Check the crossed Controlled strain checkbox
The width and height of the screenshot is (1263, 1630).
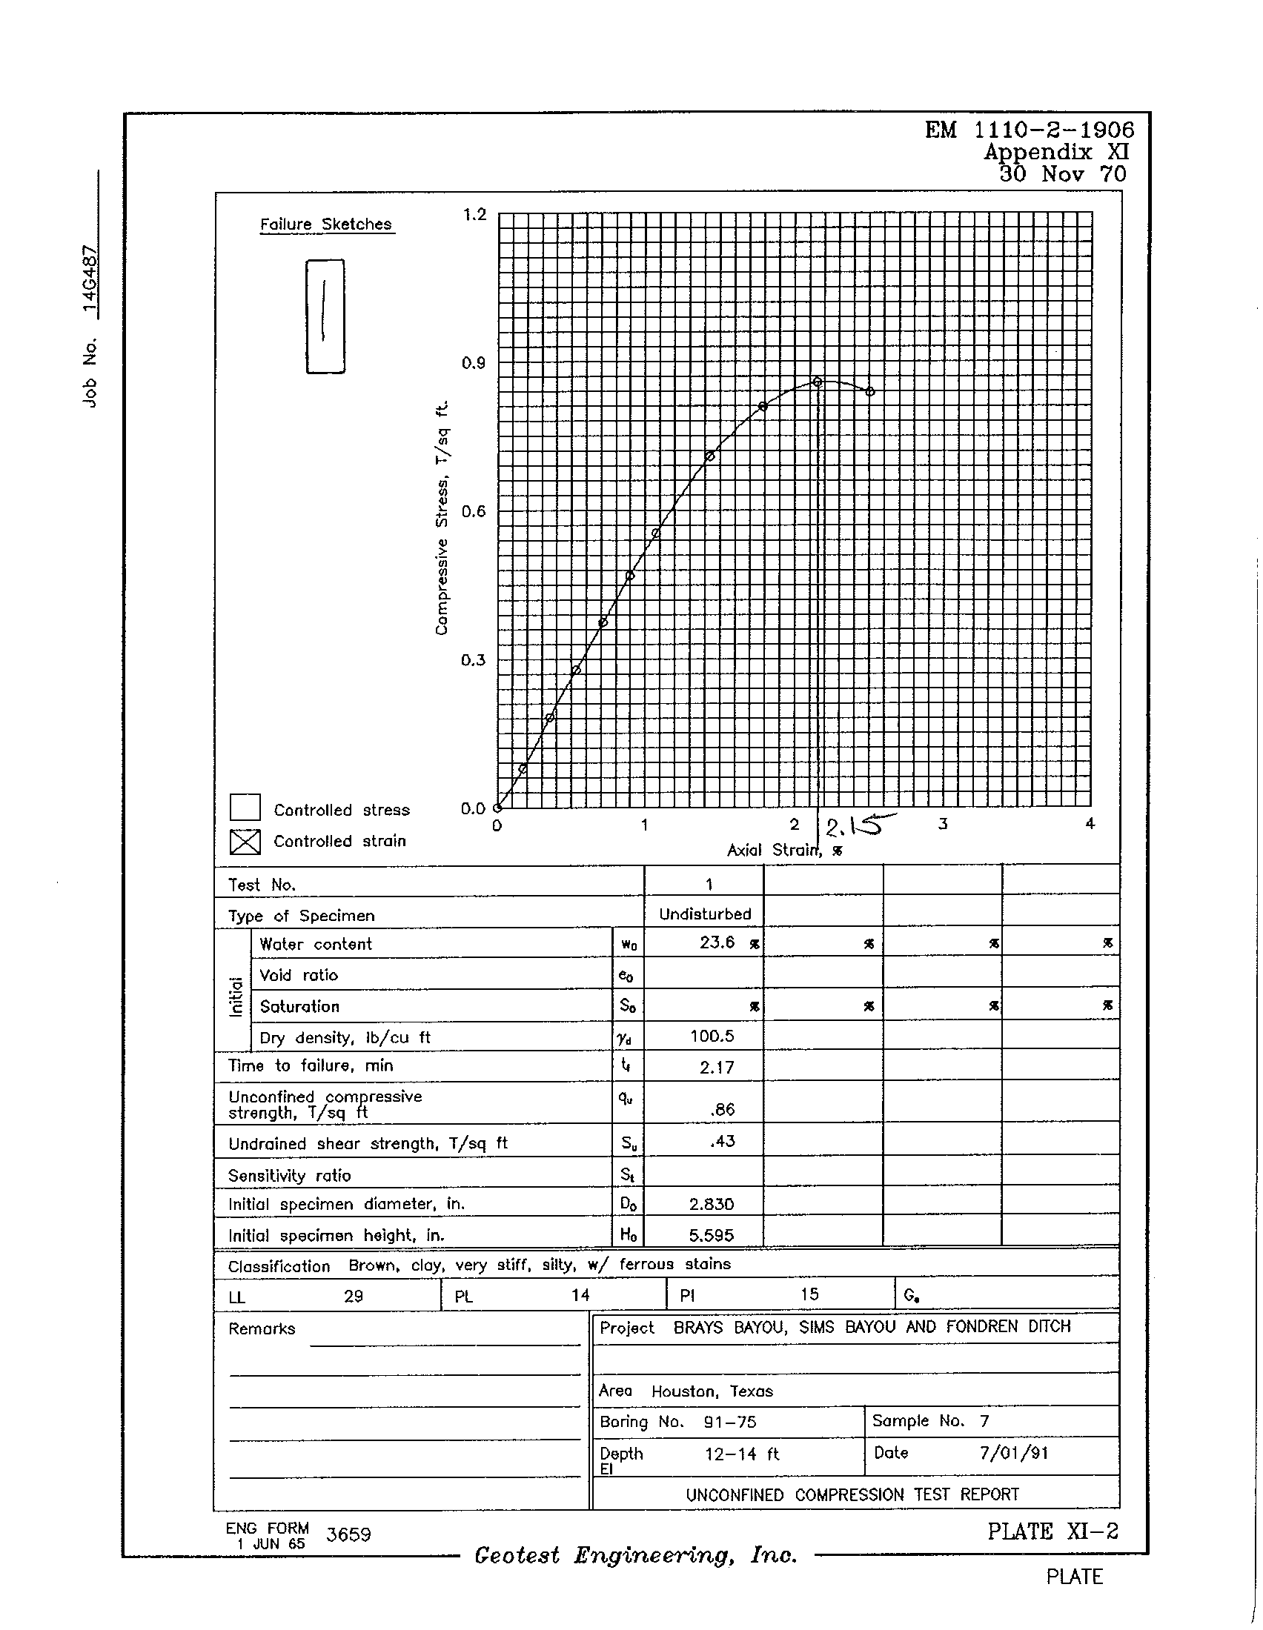[x=245, y=841]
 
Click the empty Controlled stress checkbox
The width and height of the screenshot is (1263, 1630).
[x=245, y=808]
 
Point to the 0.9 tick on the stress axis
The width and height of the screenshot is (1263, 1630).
[x=473, y=364]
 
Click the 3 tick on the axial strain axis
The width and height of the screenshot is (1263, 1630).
[x=943, y=824]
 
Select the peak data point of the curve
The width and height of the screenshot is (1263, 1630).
[x=818, y=382]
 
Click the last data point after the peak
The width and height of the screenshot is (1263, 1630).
[x=870, y=391]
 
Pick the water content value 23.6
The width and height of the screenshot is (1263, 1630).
[x=717, y=942]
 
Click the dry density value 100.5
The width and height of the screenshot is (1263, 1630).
[x=712, y=1036]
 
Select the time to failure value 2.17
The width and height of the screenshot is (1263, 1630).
[x=717, y=1067]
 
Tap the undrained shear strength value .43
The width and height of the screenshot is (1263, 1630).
[x=723, y=1141]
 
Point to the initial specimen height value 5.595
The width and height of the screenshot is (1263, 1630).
[x=711, y=1235]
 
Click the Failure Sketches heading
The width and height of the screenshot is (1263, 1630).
[x=325, y=224]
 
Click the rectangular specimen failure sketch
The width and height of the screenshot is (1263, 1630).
[x=325, y=316]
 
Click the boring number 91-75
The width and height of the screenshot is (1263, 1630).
[x=729, y=1422]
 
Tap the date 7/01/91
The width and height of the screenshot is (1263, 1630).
[x=1013, y=1452]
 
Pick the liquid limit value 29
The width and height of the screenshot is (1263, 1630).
[x=353, y=1297]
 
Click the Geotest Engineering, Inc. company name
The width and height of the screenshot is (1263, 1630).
[x=636, y=1555]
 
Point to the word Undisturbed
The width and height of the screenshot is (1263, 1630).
[x=705, y=914]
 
